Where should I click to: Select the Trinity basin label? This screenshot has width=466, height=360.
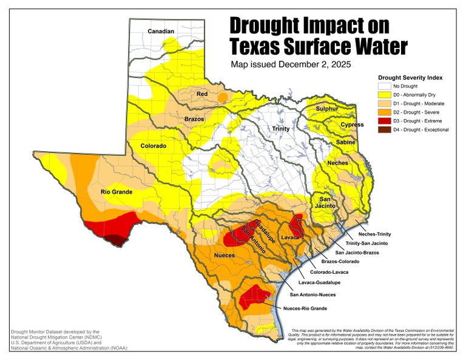(x=280, y=129)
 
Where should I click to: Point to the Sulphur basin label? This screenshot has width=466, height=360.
(x=326, y=109)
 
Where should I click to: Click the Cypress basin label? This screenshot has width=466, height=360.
(x=352, y=124)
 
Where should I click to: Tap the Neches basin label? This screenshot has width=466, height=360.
(x=337, y=163)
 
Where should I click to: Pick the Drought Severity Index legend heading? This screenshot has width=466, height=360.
(x=410, y=78)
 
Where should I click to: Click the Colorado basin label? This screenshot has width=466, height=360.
(x=153, y=146)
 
